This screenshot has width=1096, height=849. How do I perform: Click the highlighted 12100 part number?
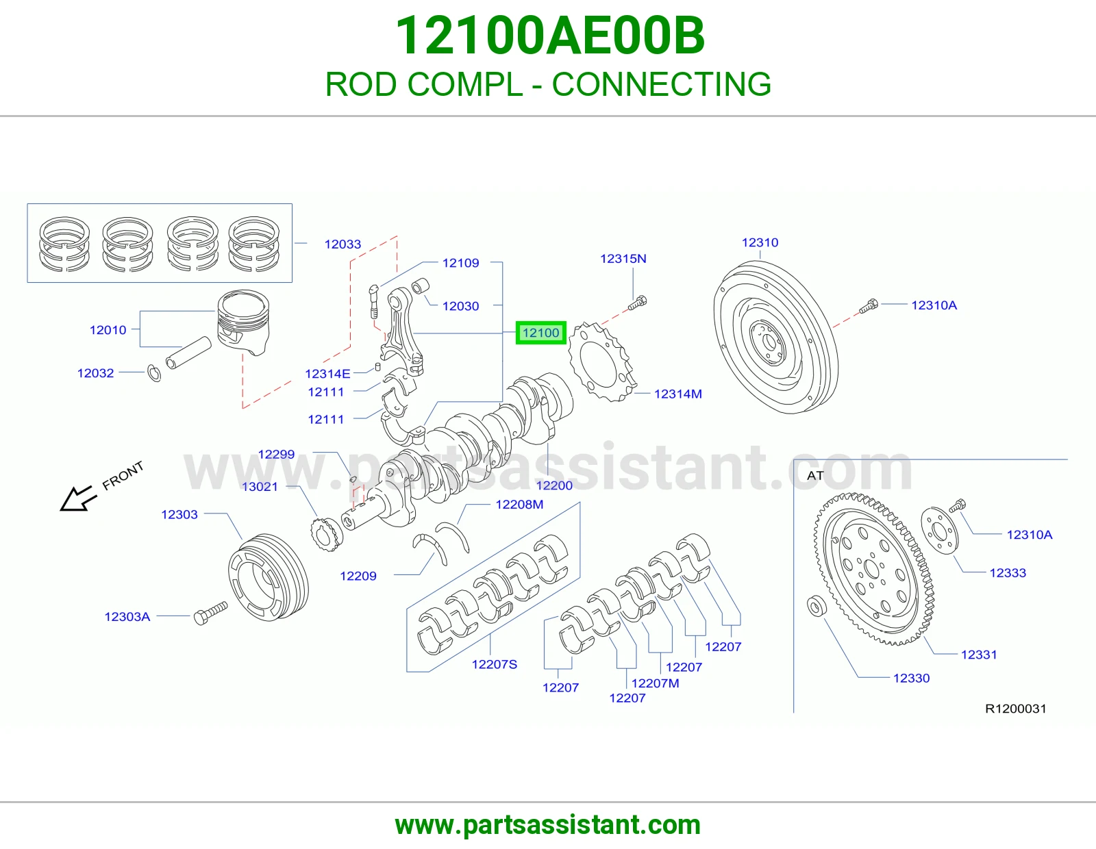(540, 333)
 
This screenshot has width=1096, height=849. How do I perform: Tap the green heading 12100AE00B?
(550, 36)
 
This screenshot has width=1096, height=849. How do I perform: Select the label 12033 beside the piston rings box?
(342, 244)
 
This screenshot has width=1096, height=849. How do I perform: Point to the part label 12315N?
(623, 259)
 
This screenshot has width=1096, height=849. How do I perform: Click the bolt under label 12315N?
(637, 303)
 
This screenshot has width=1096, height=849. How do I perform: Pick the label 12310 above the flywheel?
(760, 242)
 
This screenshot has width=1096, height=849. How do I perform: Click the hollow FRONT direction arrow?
(77, 498)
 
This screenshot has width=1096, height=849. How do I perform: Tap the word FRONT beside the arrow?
(123, 475)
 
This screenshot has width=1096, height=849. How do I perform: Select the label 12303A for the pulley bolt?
(127, 617)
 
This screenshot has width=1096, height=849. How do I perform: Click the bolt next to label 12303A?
(210, 613)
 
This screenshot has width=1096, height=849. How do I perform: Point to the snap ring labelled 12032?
(154, 373)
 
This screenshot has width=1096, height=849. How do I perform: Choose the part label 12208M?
(519, 505)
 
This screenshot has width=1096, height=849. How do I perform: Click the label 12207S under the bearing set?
(495, 664)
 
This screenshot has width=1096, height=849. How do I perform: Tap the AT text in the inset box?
(815, 475)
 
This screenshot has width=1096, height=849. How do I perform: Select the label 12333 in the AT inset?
(1008, 572)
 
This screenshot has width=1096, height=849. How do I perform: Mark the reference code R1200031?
(1016, 709)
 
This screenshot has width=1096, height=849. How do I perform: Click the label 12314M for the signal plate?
(678, 394)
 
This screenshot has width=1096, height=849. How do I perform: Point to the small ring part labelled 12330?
(816, 606)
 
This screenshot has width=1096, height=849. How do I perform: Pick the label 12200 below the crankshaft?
(554, 485)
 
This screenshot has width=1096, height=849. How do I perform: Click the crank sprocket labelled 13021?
(327, 535)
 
